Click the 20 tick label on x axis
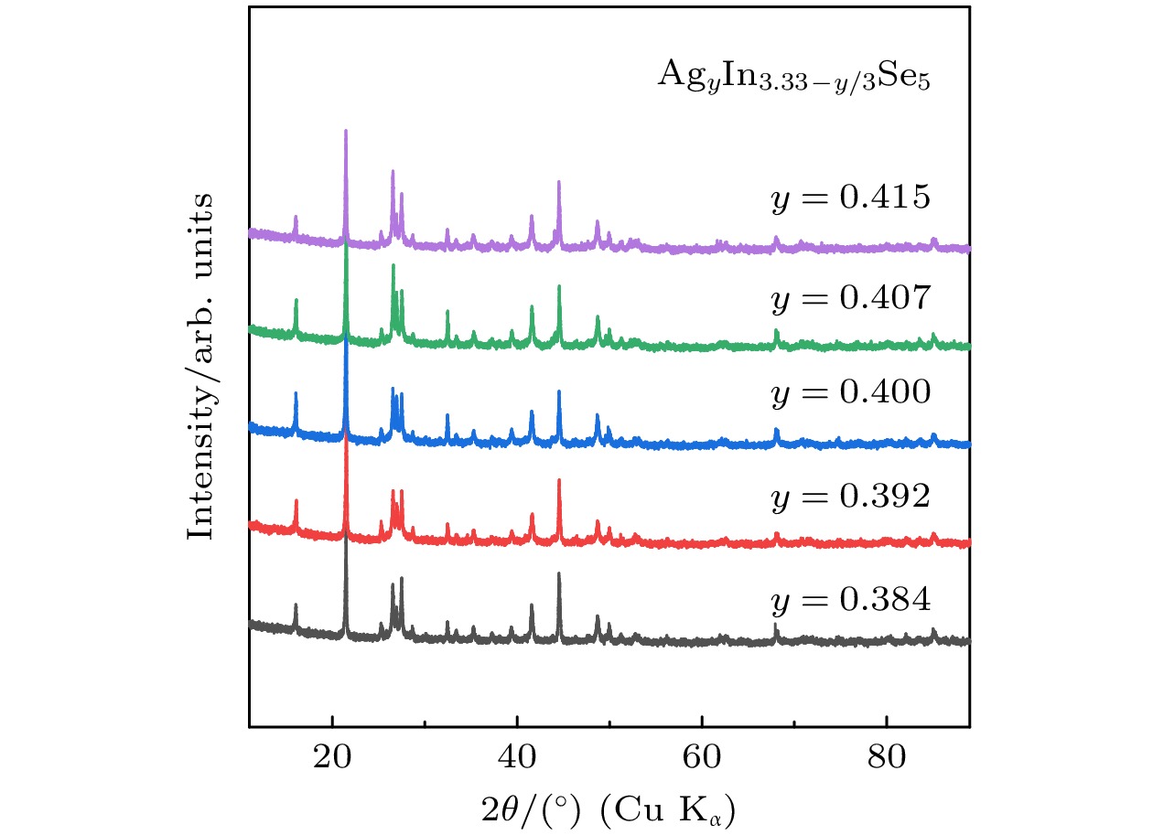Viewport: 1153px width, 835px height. point(333,758)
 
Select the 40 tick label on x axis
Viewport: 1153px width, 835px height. point(517,758)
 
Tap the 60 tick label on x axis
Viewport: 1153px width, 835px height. point(702,758)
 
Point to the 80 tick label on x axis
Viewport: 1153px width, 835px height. point(886,758)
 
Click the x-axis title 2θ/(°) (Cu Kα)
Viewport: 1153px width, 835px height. point(609,808)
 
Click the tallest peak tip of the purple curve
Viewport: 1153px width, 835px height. point(346,131)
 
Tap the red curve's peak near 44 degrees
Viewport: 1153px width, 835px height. point(559,480)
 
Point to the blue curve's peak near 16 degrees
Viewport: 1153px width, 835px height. point(296,393)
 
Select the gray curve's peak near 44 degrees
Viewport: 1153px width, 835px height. point(559,574)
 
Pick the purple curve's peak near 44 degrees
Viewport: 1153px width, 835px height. point(559,182)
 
